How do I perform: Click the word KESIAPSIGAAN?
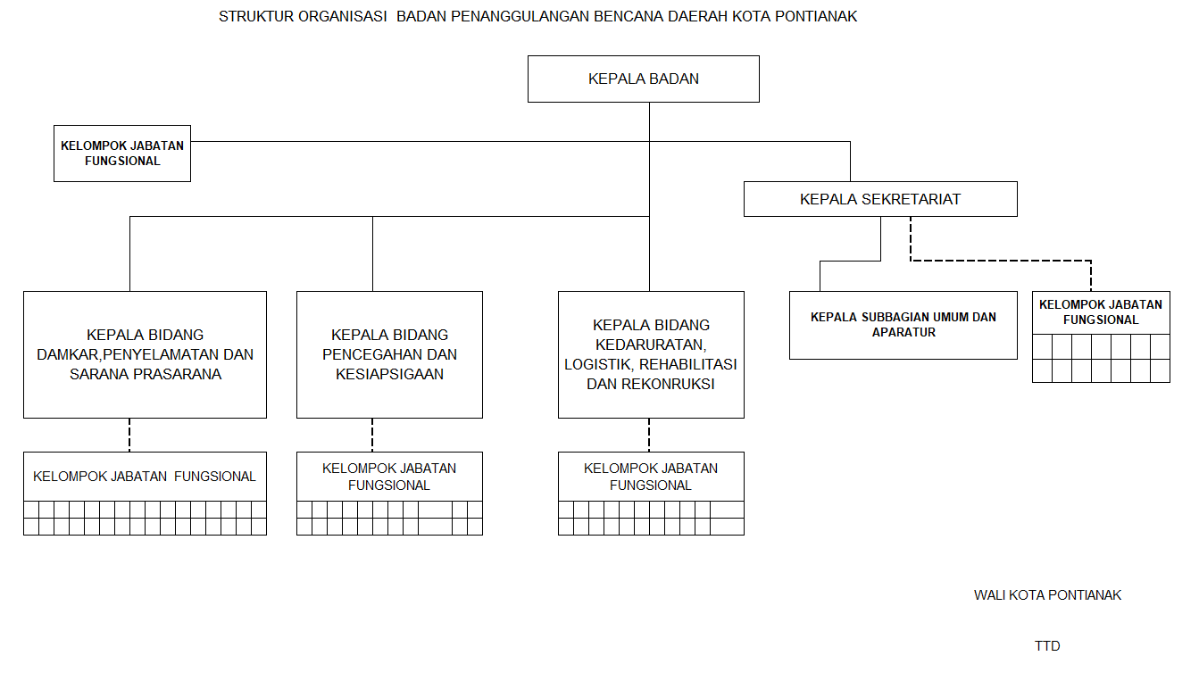click(389, 374)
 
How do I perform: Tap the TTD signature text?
click(1047, 646)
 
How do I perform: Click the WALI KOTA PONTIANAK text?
click(1047, 595)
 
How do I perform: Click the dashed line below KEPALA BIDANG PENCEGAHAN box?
click(372, 435)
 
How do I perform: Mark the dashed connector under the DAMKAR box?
click(129, 435)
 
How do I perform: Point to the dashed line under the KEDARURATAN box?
click(649, 435)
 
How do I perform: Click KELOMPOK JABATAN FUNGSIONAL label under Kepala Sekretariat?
click(1101, 312)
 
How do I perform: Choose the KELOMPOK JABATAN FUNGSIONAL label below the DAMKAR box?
click(145, 477)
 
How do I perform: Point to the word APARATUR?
click(903, 333)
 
